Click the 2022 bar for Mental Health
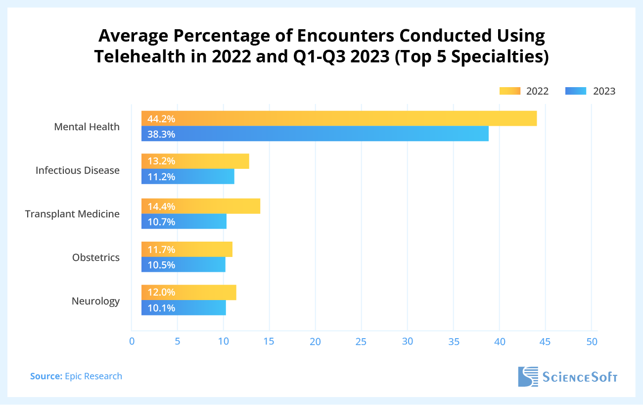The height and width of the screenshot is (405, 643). [x=339, y=119]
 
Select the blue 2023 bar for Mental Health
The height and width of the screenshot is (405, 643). [x=315, y=134]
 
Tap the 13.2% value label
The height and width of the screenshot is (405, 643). [x=161, y=161]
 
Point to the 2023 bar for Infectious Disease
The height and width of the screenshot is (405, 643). [x=188, y=177]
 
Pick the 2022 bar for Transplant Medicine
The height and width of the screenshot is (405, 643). [x=201, y=206]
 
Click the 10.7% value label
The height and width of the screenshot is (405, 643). [x=161, y=222]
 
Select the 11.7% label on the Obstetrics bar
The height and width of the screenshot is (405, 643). [x=161, y=250]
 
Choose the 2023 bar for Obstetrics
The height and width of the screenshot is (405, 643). [x=183, y=265]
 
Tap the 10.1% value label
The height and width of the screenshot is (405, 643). [x=161, y=308]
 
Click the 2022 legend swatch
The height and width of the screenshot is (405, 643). [x=510, y=91]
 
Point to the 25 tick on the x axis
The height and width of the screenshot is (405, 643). [x=361, y=342]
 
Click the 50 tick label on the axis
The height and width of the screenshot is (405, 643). [x=592, y=342]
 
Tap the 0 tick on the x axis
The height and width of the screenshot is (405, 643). [x=132, y=342]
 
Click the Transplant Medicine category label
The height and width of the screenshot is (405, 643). [x=72, y=214]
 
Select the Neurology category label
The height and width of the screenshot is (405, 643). [x=95, y=301]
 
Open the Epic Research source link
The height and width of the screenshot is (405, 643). [x=93, y=376]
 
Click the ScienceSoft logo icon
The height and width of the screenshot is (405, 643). [x=527, y=377]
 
